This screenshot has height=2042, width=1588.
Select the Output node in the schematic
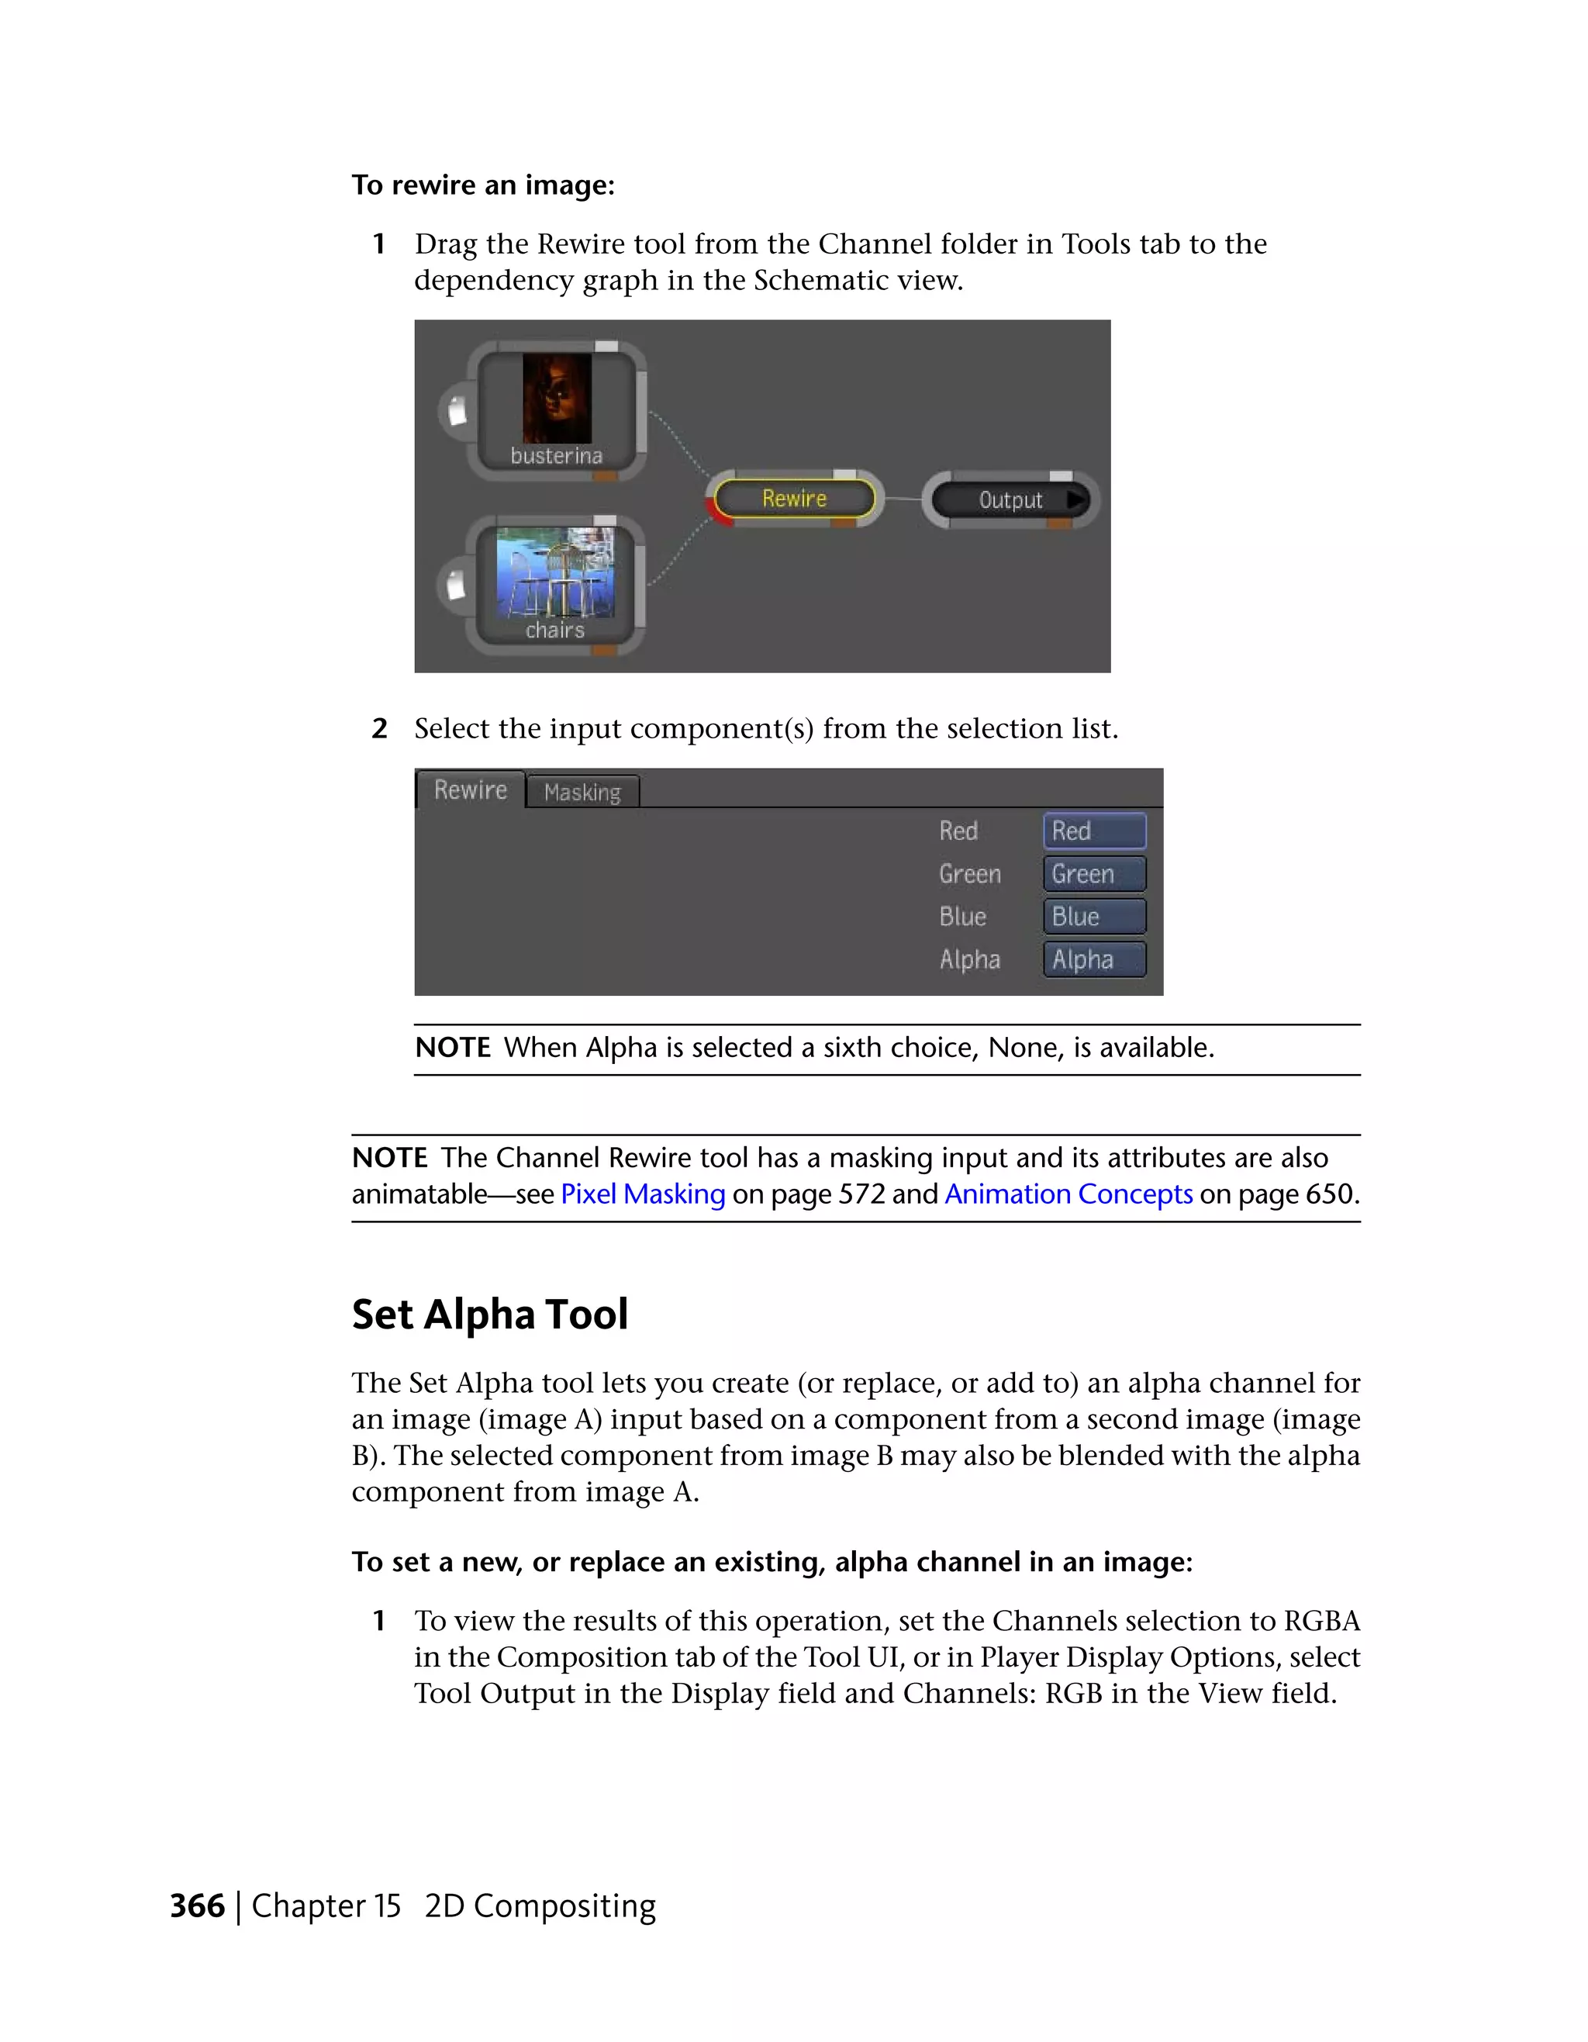1010,500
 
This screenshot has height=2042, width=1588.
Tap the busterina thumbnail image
557,397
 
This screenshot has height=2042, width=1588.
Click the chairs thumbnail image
555,572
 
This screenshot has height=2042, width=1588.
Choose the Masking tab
582,792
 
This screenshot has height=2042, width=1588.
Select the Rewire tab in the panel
470,790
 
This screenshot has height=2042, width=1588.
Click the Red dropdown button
1093,831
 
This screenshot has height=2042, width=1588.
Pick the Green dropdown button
1093,874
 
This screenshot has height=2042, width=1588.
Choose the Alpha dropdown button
1093,959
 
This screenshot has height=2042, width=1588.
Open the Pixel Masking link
642,1194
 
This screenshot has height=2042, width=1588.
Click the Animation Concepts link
1068,1194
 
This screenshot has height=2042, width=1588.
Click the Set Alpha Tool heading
490,1314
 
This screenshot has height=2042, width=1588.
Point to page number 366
197,1906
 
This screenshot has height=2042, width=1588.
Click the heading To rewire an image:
483,185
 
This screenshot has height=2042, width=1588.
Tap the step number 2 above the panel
379,728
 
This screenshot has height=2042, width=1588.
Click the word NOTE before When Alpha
452,1047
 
